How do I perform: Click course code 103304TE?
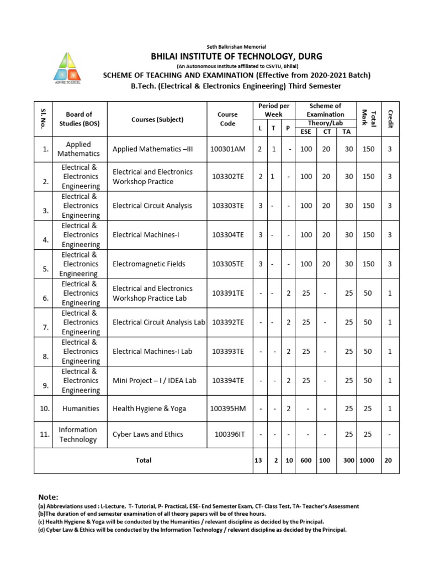coord(227,235)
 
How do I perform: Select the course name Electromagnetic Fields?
coord(149,264)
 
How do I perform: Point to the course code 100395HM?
coord(227,408)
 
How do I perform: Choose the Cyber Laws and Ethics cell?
coord(147,434)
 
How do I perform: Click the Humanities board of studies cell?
coord(81,408)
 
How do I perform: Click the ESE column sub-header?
coord(305,132)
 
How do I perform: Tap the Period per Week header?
coord(274,110)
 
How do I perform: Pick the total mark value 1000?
coord(367,460)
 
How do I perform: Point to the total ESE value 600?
coord(305,460)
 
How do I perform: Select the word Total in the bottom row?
coord(144,460)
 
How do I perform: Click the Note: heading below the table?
coord(48,497)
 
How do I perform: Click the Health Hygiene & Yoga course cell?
coord(149,408)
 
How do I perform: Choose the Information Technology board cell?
coord(78,434)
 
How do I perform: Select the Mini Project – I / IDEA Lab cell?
coord(154,380)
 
